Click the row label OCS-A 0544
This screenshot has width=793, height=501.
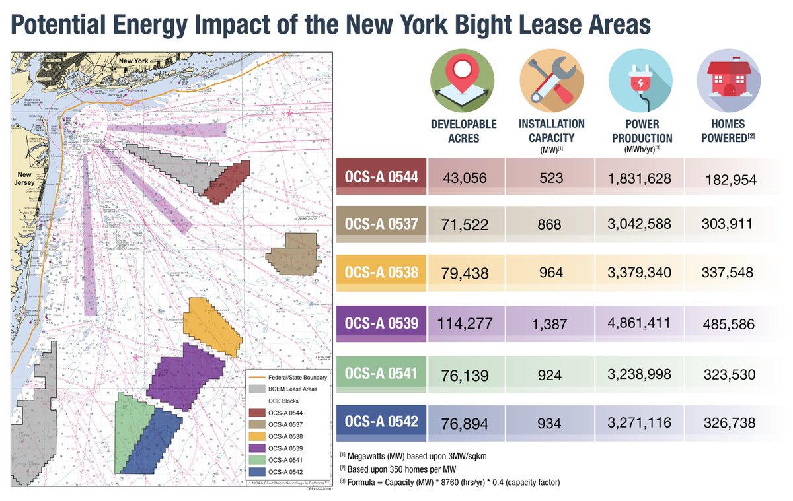381,178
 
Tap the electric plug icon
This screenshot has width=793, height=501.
640,78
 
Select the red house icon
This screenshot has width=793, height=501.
728,78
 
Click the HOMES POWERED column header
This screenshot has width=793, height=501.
728,129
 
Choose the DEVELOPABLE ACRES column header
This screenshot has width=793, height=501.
462,129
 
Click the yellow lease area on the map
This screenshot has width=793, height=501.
210,325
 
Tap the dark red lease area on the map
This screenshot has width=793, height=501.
225,182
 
